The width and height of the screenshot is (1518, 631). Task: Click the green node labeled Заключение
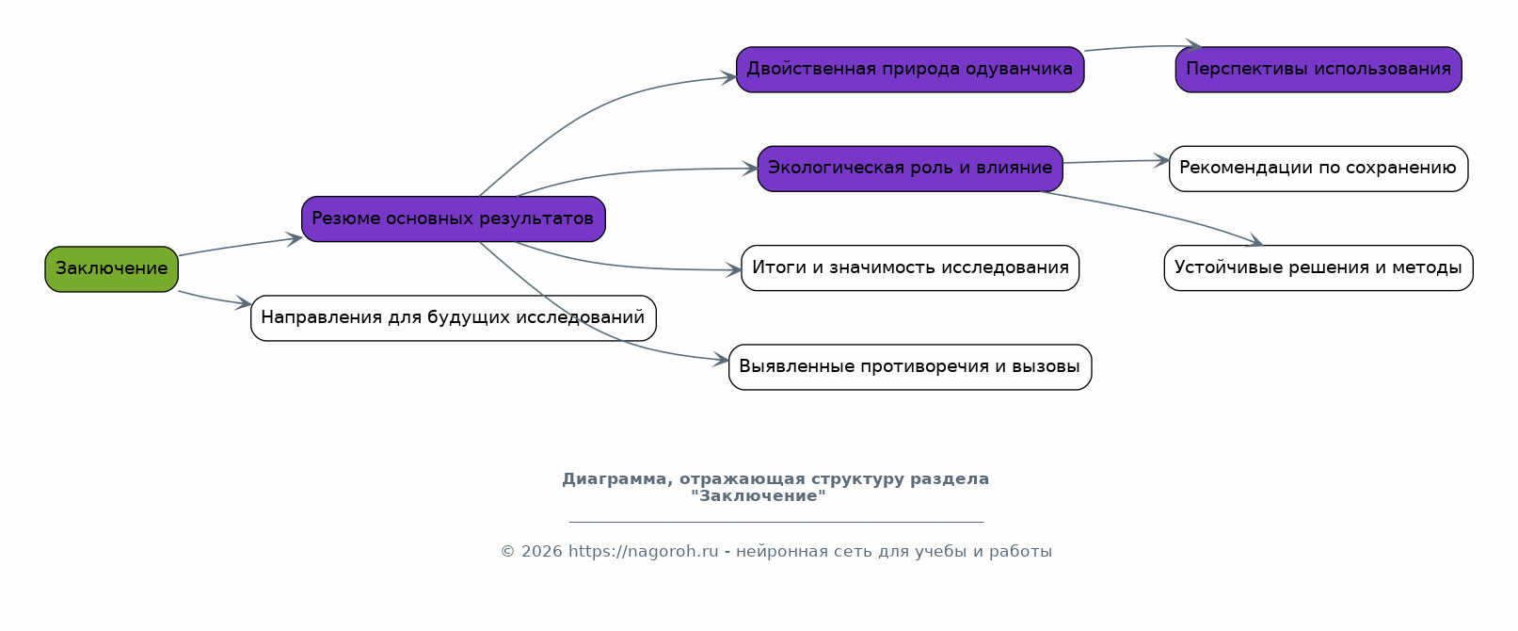click(112, 269)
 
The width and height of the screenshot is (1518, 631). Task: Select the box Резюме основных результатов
click(454, 219)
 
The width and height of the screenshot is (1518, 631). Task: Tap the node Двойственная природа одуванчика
click(910, 69)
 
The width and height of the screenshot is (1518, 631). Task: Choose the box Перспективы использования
click(1318, 69)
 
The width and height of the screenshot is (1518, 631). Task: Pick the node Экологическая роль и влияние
click(910, 169)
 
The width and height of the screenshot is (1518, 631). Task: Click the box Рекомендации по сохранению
click(1318, 169)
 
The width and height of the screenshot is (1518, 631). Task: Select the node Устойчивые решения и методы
click(1318, 268)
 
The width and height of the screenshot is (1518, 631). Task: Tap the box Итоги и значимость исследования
click(910, 268)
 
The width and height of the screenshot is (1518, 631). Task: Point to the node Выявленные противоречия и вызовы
click(910, 367)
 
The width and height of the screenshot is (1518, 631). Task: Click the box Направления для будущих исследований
click(454, 318)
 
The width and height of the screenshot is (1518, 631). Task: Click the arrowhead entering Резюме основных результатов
click(295, 239)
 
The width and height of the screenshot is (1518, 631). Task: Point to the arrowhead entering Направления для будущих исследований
click(244, 303)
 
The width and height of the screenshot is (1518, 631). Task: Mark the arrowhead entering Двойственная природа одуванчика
click(729, 77)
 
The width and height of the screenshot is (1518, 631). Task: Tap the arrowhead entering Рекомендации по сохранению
click(1161, 161)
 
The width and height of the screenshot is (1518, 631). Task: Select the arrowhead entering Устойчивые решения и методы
click(1255, 240)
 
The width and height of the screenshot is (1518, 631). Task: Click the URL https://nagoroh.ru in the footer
click(643, 552)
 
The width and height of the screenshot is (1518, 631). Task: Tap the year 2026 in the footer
click(541, 552)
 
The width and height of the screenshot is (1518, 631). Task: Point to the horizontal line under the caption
click(776, 522)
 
